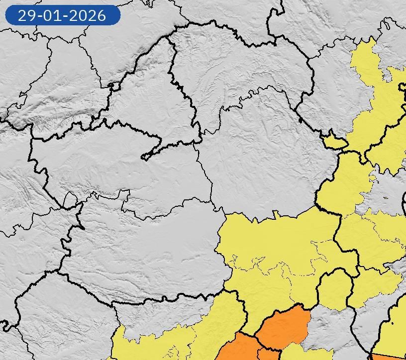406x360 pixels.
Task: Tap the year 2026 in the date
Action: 89,15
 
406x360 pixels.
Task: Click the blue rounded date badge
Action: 63,15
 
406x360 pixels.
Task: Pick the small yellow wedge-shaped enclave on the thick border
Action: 335,142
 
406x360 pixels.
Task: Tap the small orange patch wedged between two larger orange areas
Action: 269,354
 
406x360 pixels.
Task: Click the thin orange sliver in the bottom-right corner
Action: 388,357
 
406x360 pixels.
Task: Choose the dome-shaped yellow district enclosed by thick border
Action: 334,288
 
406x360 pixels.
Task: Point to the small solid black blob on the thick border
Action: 300,119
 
